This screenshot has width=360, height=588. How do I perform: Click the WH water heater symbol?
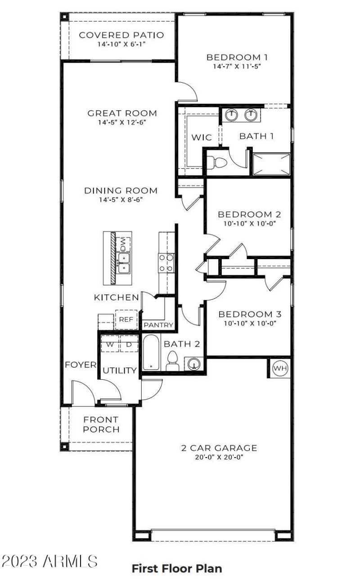(280, 368)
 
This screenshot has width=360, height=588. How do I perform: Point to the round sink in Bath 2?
(194, 363)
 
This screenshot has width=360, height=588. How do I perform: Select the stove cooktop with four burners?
(166, 263)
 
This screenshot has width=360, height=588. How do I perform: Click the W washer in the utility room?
(109, 344)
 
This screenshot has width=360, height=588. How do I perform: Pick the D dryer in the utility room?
(128, 344)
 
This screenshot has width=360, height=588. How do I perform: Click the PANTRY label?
(158, 325)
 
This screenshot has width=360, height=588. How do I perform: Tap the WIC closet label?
(202, 137)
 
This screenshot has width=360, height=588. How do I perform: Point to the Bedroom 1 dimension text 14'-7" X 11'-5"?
(237, 66)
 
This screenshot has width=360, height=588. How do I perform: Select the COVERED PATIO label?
(121, 35)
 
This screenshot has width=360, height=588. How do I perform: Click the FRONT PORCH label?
(101, 424)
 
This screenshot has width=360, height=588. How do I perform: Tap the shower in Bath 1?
(271, 164)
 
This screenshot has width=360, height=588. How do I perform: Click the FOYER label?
(81, 364)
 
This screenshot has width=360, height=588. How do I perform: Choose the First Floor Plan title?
(176, 568)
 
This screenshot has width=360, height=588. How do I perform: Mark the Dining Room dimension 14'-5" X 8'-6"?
(121, 200)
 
